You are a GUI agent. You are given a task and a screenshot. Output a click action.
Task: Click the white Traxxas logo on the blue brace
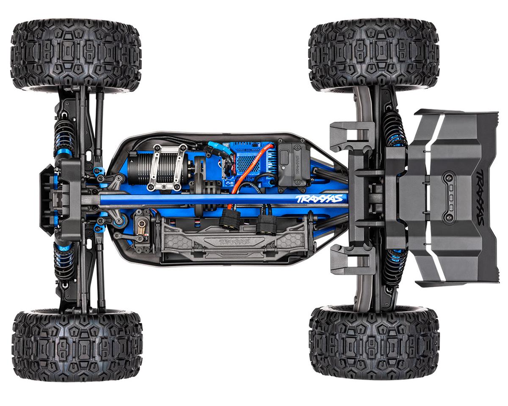click(x=319, y=199)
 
